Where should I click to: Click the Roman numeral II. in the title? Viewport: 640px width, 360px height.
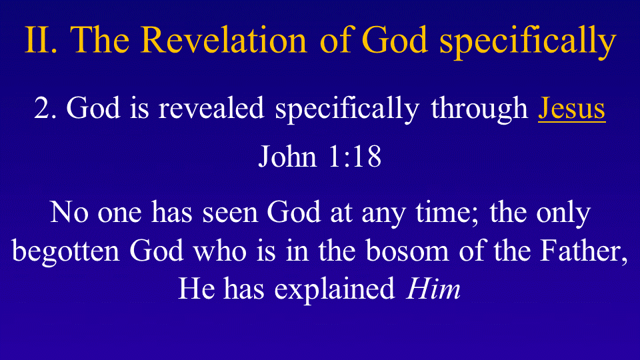pyautogui.click(x=41, y=40)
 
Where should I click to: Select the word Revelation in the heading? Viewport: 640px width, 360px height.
pyautogui.click(x=224, y=39)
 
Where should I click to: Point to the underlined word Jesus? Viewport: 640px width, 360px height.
pyautogui.click(x=571, y=109)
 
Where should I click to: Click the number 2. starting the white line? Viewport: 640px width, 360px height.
pyautogui.click(x=45, y=109)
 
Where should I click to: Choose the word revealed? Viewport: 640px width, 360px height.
pyautogui.click(x=211, y=108)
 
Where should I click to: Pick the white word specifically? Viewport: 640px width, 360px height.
pyautogui.click(x=347, y=110)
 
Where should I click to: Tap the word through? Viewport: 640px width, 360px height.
pyautogui.click(x=479, y=110)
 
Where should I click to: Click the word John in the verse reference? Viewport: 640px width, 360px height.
pyautogui.click(x=288, y=156)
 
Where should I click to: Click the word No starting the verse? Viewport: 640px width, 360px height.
pyautogui.click(x=69, y=212)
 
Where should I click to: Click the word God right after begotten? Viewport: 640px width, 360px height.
pyautogui.click(x=156, y=250)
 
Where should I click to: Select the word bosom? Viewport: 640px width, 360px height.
pyautogui.click(x=407, y=250)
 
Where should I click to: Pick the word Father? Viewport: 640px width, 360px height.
pyautogui.click(x=583, y=251)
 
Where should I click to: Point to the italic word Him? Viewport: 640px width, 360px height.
pyautogui.click(x=433, y=288)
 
